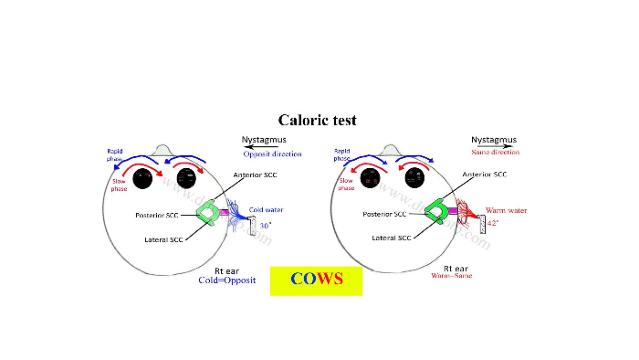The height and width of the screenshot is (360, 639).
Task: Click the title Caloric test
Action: pos(317,120)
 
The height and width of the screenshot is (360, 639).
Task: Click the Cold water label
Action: pos(266,210)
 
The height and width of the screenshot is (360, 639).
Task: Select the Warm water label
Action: pos(506,210)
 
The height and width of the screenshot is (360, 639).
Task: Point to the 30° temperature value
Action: pos(266,226)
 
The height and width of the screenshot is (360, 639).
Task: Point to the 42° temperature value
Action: pos(492,223)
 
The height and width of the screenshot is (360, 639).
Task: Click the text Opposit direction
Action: pos(272,154)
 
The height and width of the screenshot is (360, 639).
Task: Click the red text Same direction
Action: pos(495,152)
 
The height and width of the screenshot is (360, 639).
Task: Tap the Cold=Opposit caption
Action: pos(227,280)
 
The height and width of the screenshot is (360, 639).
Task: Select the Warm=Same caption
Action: pos(452,276)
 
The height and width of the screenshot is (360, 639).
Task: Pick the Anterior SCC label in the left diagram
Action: pos(255,175)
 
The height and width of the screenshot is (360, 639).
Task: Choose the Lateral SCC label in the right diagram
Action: pos(391,238)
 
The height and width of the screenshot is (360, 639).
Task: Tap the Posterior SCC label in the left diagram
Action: pos(157,215)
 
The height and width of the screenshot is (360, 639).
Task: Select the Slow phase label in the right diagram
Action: pos(346,184)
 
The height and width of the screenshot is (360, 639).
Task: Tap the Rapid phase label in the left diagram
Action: pos(115,154)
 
